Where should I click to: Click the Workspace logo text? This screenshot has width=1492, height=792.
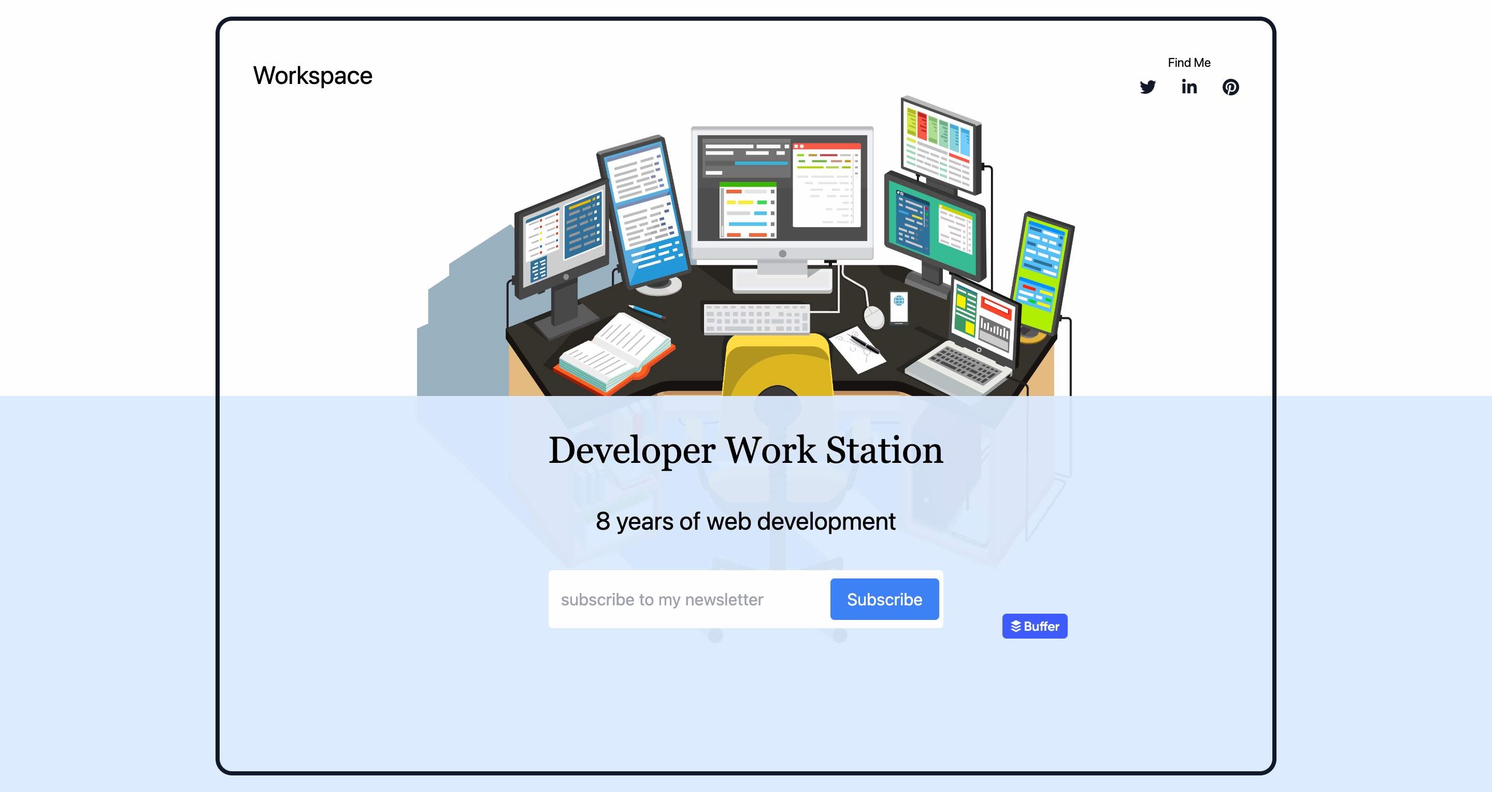point(313,76)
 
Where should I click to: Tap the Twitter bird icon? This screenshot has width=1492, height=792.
point(1147,87)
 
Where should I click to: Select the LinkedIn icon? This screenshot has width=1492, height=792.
point(1189,87)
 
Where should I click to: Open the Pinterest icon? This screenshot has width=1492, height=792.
point(1231,87)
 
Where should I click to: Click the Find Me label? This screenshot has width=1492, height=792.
point(1189,63)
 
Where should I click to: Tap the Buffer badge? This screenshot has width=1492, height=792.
point(1035,626)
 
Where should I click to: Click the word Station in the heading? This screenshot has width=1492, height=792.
point(884,450)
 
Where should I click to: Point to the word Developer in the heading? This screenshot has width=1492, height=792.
point(632,451)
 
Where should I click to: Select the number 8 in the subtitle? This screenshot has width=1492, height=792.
point(603,521)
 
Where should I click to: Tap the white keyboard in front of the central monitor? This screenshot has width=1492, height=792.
point(756,318)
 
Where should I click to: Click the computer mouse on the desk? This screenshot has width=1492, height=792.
point(874,317)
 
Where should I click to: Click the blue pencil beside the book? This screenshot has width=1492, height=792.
point(647,312)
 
